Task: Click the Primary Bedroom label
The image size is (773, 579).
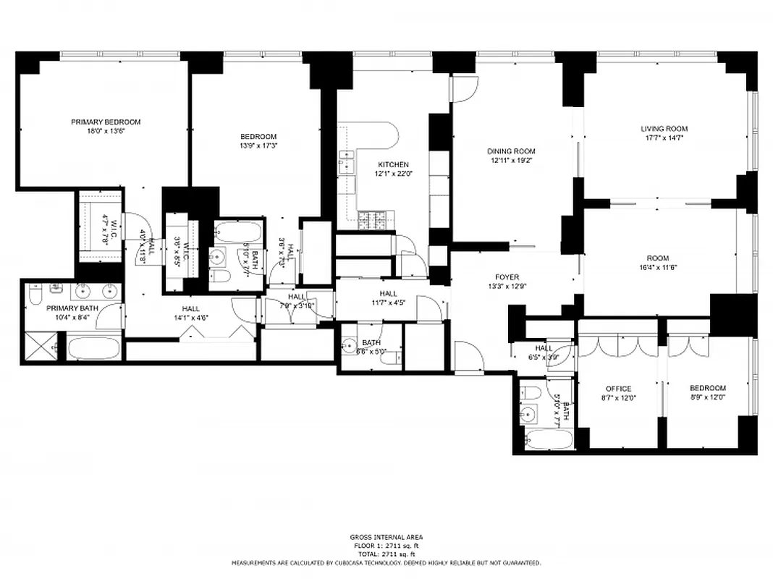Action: (106, 122)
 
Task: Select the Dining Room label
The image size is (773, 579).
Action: (511, 151)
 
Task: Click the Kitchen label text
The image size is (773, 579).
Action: (392, 164)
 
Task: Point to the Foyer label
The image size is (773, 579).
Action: (507, 276)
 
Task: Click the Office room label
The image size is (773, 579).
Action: (618, 389)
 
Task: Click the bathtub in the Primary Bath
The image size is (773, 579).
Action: (93, 347)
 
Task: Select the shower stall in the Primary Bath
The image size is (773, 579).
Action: (41, 347)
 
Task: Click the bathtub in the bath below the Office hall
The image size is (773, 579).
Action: (548, 439)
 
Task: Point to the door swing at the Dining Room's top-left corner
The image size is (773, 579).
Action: (462, 88)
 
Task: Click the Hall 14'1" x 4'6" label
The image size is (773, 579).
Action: (190, 309)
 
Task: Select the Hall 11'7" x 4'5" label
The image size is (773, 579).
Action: (388, 293)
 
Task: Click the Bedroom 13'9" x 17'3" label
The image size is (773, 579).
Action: (258, 136)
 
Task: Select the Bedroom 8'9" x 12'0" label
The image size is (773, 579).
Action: (707, 389)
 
